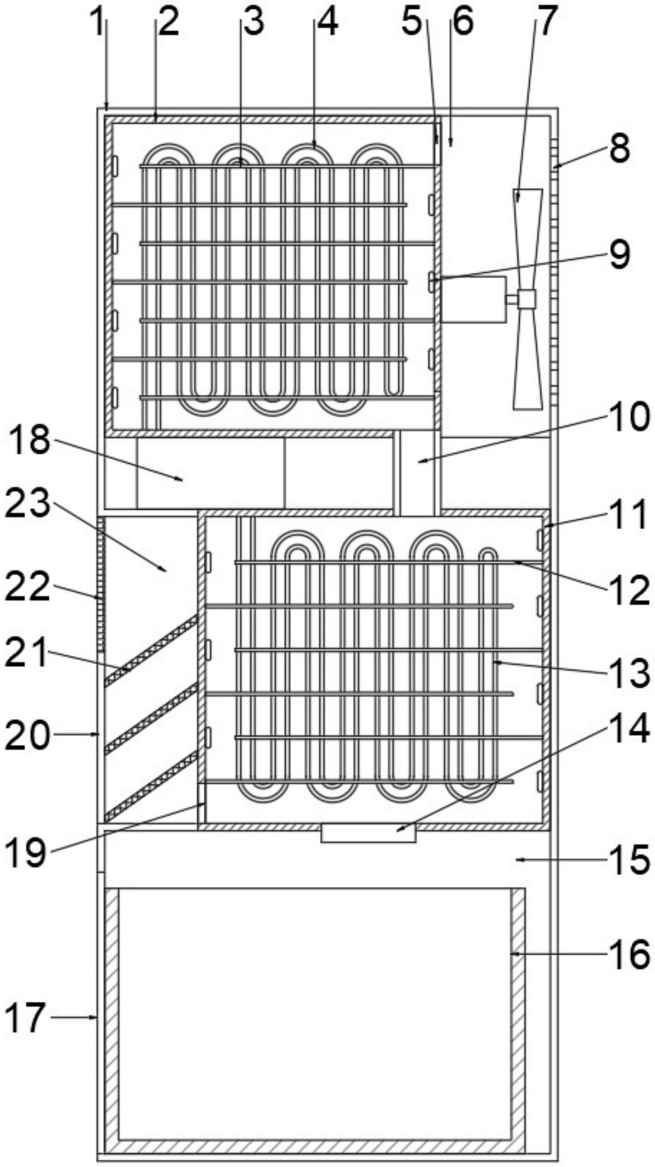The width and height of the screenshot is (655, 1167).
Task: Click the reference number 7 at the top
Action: [x=546, y=21]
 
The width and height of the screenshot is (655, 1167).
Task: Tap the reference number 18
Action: [x=29, y=439]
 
